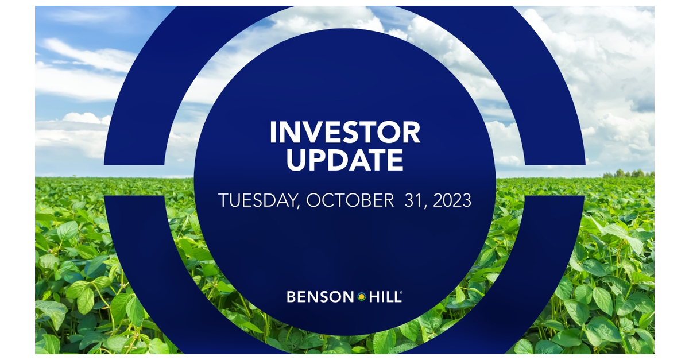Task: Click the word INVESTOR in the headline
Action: pos(344,133)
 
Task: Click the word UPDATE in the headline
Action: pos(344,160)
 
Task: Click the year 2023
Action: pos(452,200)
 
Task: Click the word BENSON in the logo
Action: pos(320,297)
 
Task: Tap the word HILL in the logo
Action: pos(383,297)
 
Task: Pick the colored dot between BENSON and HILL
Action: pos(362,297)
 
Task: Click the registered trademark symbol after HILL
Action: pos(401,293)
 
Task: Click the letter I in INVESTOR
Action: pos(273,133)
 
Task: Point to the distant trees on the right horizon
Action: pos(629,173)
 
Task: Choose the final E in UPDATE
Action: pos(394,160)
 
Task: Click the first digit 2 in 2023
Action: pos(438,200)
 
